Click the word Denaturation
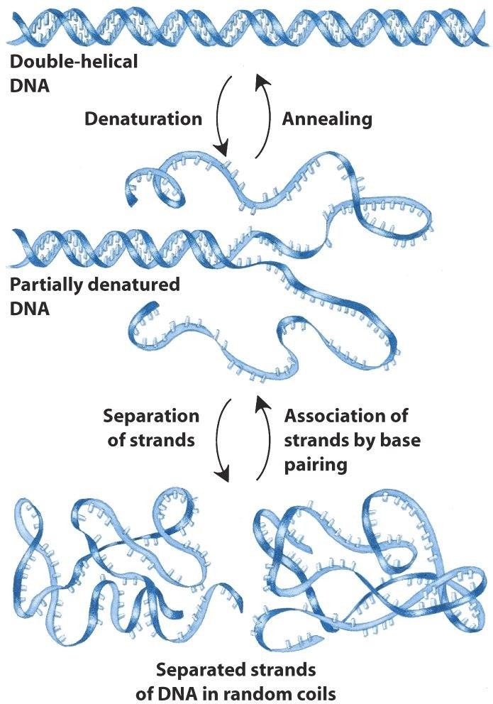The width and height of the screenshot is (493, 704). tap(143, 119)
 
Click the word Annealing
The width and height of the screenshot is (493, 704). tap(327, 119)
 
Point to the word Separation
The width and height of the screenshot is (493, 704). tap(151, 415)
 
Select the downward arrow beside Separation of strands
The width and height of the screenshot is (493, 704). tap(221, 440)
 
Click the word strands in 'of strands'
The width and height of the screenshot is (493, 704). tap(162, 439)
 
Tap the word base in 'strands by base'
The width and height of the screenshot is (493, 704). tap(401, 439)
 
